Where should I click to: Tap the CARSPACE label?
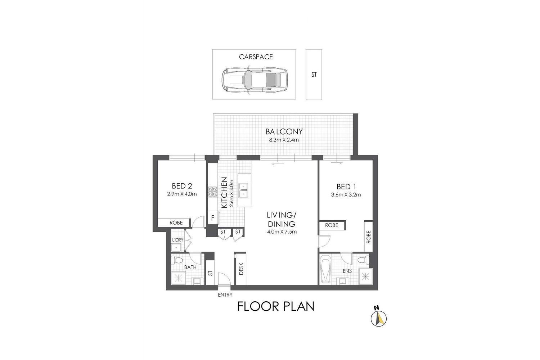point(256,57)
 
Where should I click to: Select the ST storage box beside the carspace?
point(314,75)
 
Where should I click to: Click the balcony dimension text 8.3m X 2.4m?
point(284,140)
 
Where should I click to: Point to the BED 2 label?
point(182,186)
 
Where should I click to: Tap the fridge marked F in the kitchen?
point(213,217)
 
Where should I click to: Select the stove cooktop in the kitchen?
point(212,191)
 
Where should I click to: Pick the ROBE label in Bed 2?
point(176,223)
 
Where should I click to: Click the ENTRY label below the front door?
point(225,295)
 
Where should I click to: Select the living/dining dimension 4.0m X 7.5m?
point(282,232)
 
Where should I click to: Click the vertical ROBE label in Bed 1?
point(368,237)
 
